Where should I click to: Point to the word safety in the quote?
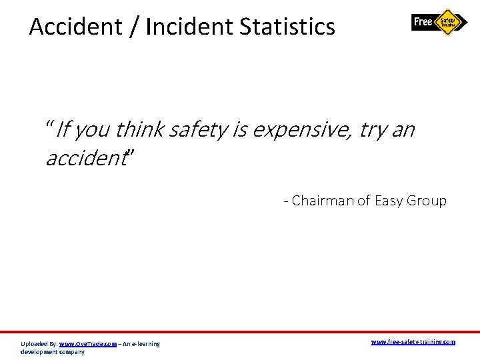198,129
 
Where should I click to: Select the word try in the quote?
372,129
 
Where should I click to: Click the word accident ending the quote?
85,158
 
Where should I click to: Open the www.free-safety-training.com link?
413,342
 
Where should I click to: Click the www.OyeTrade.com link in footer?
88,344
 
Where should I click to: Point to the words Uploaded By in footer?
39,344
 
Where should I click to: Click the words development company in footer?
53,351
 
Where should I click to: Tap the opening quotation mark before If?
49,125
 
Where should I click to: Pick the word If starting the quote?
63,129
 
